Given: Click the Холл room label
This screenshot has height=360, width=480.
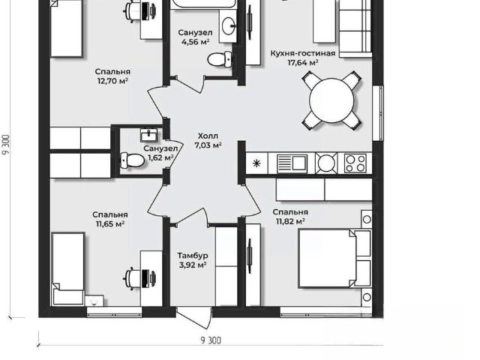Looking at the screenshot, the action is [208, 136].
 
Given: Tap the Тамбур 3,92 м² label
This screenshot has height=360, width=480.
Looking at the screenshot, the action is [193, 260].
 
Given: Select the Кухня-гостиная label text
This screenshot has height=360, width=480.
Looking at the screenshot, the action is [303, 53].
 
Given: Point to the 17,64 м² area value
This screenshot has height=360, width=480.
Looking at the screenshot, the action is [303, 63].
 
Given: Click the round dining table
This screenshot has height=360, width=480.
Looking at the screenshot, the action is [331, 100].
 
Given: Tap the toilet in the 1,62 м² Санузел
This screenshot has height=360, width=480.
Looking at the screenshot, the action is [132, 160].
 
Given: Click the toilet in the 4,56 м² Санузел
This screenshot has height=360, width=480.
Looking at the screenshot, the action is [220, 59].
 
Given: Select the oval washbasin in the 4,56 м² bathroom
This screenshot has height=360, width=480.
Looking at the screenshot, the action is [228, 26].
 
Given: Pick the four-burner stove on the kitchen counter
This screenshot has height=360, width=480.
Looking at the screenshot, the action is [355, 163].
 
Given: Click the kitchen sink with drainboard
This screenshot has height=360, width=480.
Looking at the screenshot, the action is [292, 163].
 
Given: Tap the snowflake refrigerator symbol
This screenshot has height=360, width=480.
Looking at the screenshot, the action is [256, 163].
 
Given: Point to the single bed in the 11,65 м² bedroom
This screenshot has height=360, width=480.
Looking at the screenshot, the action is [68, 268].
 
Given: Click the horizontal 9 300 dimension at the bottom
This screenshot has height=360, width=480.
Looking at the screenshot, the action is [211, 340].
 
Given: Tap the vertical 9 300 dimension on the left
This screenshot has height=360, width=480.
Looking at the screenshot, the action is [7, 145].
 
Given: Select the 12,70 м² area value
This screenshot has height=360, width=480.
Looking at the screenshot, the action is [112, 81].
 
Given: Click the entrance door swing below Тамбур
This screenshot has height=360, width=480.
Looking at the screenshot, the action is [194, 318].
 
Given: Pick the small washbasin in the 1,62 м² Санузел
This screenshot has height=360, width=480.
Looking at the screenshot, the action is [148, 135].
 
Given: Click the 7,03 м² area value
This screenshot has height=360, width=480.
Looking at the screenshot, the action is [208, 145].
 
